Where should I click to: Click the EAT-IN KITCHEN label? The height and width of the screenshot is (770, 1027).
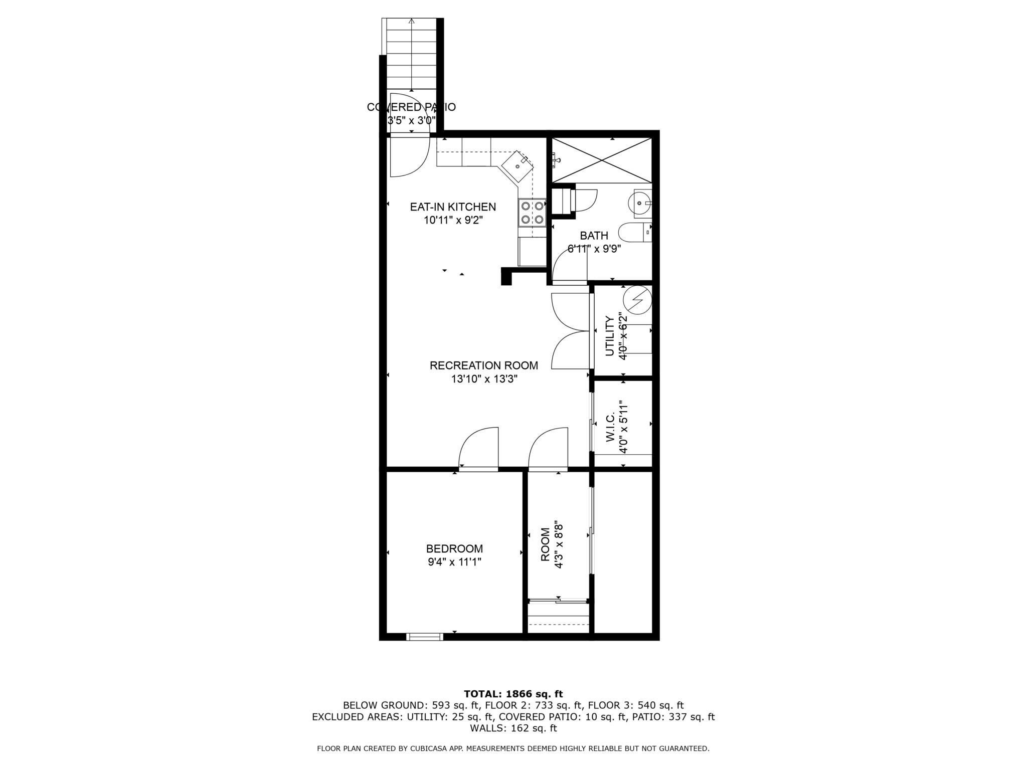point(453,207)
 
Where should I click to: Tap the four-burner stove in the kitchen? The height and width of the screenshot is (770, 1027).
point(532,212)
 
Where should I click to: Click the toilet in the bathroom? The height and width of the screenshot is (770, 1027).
point(633,233)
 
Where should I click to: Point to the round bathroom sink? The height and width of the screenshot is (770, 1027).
point(639,203)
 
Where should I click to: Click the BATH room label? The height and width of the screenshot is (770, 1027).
point(594,236)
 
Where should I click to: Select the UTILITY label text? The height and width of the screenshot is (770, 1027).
point(610,336)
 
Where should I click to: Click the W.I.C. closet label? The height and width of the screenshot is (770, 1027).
point(610,428)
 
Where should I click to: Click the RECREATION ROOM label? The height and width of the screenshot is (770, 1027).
point(483,365)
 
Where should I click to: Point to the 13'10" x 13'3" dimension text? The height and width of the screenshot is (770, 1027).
point(483,379)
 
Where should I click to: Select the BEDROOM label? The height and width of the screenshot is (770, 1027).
point(454,548)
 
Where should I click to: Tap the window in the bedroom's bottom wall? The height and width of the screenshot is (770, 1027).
point(424,637)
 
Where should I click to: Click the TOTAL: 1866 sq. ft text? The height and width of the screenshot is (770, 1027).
point(513,694)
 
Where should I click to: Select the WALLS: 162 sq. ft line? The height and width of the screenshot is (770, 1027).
point(513,728)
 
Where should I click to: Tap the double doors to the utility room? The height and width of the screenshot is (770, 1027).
point(570,331)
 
